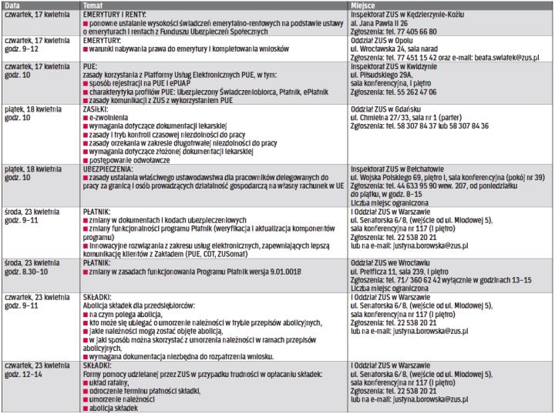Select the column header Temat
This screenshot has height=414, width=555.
[x=93, y=5]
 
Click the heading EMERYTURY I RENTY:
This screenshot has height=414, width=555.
[x=116, y=13]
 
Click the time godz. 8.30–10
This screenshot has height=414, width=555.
[x=26, y=269]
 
